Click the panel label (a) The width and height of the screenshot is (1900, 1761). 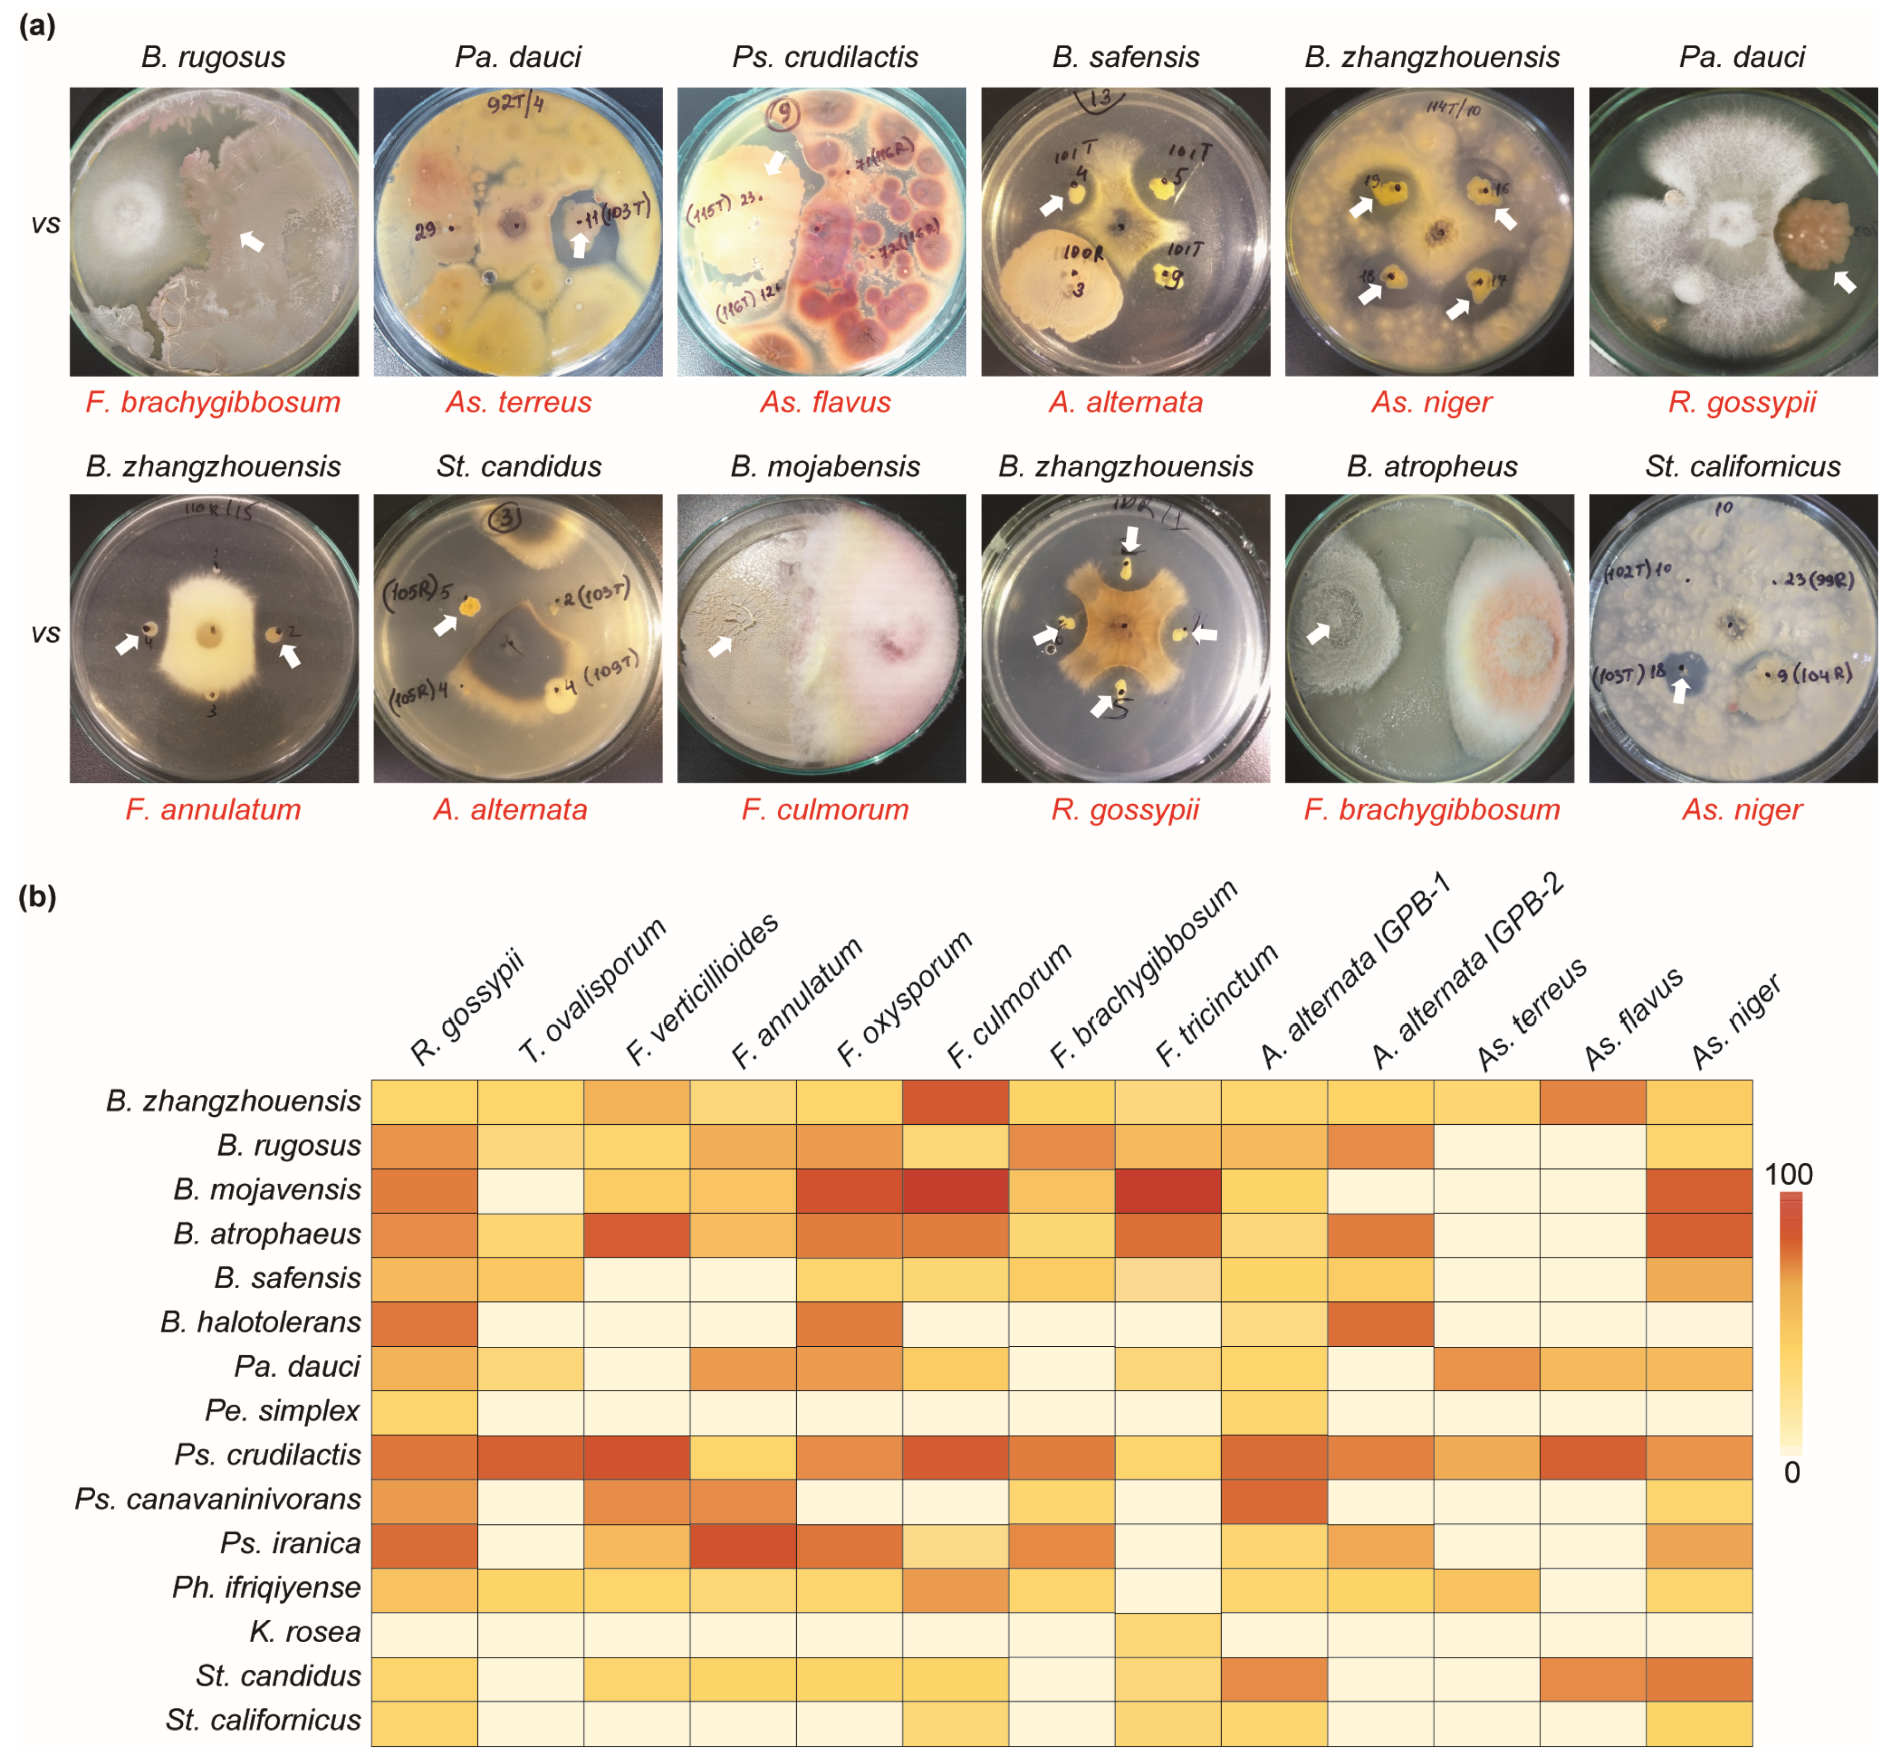pos(37,26)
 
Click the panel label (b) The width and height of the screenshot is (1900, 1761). pos(37,897)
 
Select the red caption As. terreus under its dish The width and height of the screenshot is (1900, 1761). pos(518,402)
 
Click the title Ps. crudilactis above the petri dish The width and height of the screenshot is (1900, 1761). pos(824,57)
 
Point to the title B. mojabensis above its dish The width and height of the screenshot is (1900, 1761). pos(824,467)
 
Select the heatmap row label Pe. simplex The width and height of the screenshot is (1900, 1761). pos(282,1411)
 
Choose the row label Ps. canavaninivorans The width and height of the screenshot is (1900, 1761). pos(217,1499)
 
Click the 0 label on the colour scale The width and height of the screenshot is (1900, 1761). pos(1791,1472)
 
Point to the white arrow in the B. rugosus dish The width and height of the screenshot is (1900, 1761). pos(250,241)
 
